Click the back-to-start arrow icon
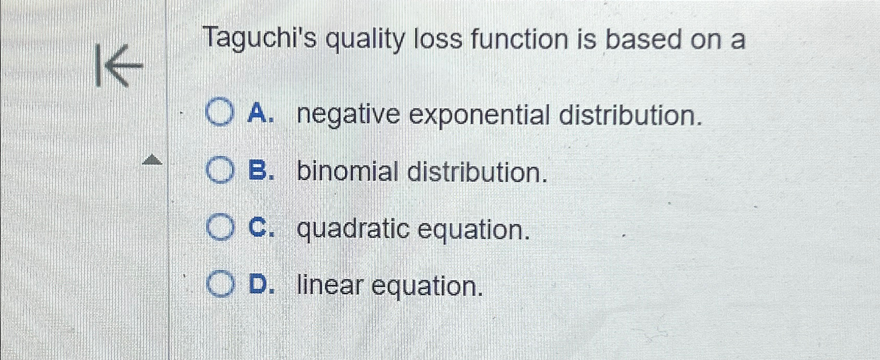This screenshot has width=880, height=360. pos(119,65)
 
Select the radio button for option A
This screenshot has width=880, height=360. pos(220,114)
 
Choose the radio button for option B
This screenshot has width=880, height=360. pos(220,171)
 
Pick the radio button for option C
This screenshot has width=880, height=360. pos(220,228)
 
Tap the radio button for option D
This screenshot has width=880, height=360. pos(221,285)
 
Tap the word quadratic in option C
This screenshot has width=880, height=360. pos(353,229)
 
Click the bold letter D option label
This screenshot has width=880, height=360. pos(259,285)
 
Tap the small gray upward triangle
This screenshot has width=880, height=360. pos(152,160)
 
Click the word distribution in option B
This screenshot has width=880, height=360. pos(477,172)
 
